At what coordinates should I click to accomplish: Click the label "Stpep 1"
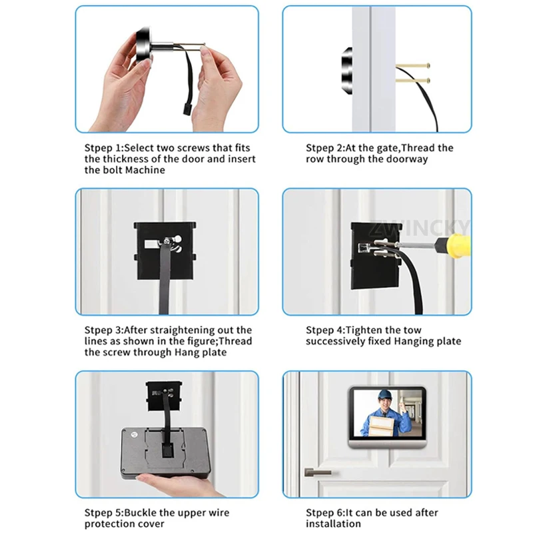point(103,148)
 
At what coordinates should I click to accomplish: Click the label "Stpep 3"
point(103,330)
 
